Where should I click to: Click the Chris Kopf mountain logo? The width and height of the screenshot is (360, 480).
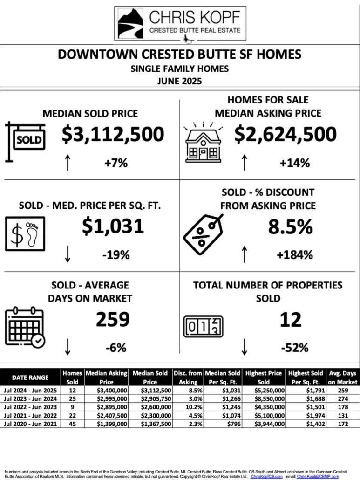tap(130, 22)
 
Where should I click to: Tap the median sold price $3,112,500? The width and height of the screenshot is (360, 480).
tap(113, 135)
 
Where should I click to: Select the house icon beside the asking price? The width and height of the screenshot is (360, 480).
tap(203, 141)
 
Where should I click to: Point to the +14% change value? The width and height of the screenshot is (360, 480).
tap(294, 163)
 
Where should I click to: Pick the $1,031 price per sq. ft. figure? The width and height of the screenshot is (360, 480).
tap(113, 226)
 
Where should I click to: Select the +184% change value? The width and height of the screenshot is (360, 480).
tap(294, 255)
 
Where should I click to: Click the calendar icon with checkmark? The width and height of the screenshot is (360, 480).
tap(26, 327)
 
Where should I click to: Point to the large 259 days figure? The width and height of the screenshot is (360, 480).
tap(113, 320)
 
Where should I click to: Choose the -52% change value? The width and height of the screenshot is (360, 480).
tap(294, 347)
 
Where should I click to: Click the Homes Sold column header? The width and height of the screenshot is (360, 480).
tap(72, 377)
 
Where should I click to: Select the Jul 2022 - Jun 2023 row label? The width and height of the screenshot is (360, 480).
tap(30, 407)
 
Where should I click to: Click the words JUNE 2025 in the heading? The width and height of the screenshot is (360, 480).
tap(180, 80)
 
